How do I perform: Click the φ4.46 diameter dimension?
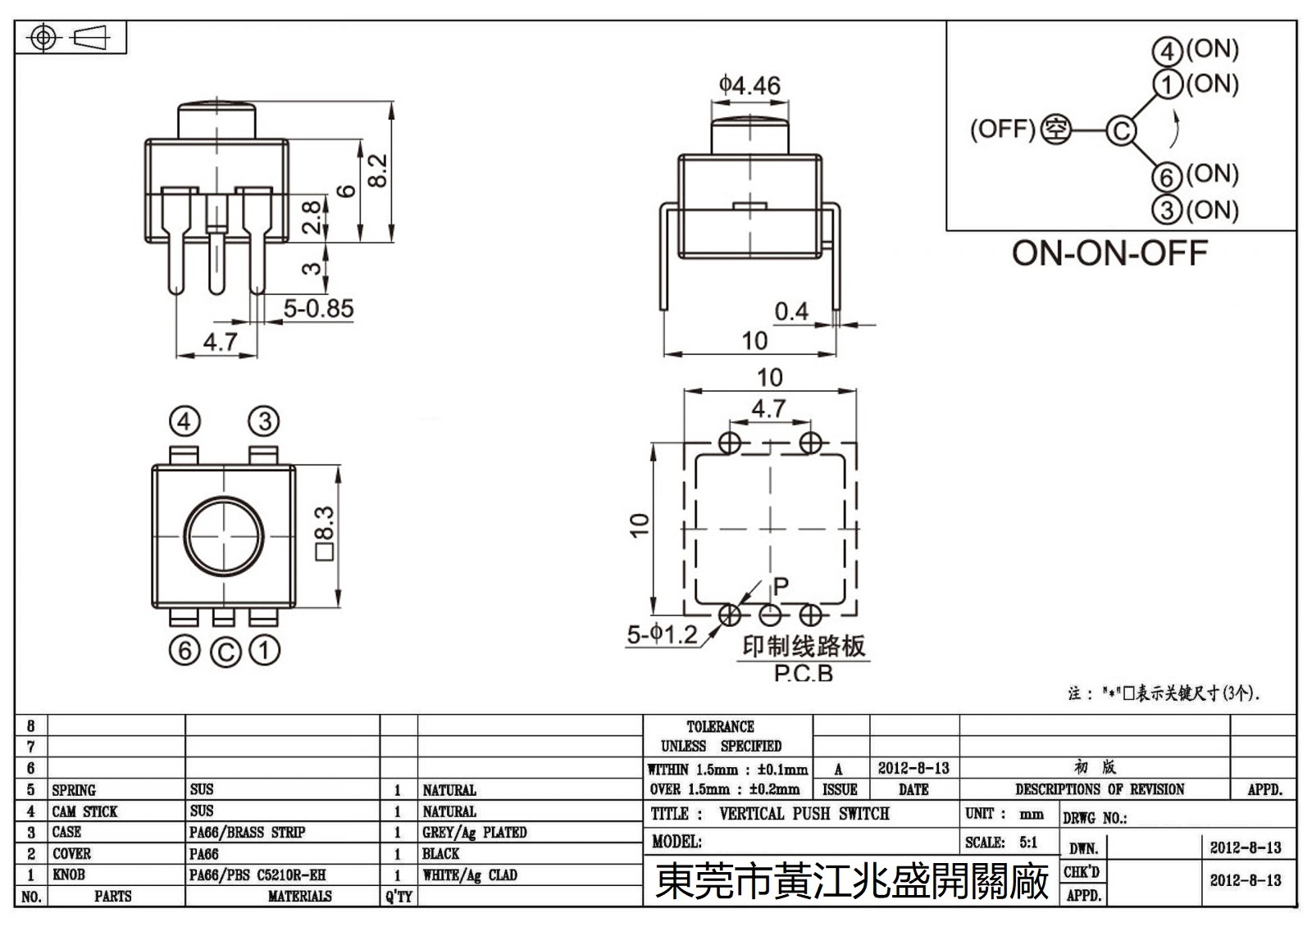click(x=749, y=85)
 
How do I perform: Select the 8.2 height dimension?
click(x=378, y=171)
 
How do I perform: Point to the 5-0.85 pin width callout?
click(x=318, y=309)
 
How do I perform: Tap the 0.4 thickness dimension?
click(x=791, y=311)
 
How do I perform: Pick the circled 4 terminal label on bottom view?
click(x=184, y=422)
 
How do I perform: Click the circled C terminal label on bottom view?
click(x=225, y=652)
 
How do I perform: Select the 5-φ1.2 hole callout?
click(x=662, y=634)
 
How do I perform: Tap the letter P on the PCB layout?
click(x=781, y=585)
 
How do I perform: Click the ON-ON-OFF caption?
click(x=1109, y=252)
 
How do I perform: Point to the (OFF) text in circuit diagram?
click(x=1002, y=130)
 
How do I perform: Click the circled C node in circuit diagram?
click(x=1120, y=131)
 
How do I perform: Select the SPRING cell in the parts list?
click(x=74, y=790)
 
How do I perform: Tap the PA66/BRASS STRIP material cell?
click(x=247, y=833)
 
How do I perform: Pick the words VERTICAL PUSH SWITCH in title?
click(x=804, y=814)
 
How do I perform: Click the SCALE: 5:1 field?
click(x=1001, y=843)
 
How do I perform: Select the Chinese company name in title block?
click(x=852, y=882)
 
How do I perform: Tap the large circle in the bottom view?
click(x=225, y=535)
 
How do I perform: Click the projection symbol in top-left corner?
click(x=70, y=38)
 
